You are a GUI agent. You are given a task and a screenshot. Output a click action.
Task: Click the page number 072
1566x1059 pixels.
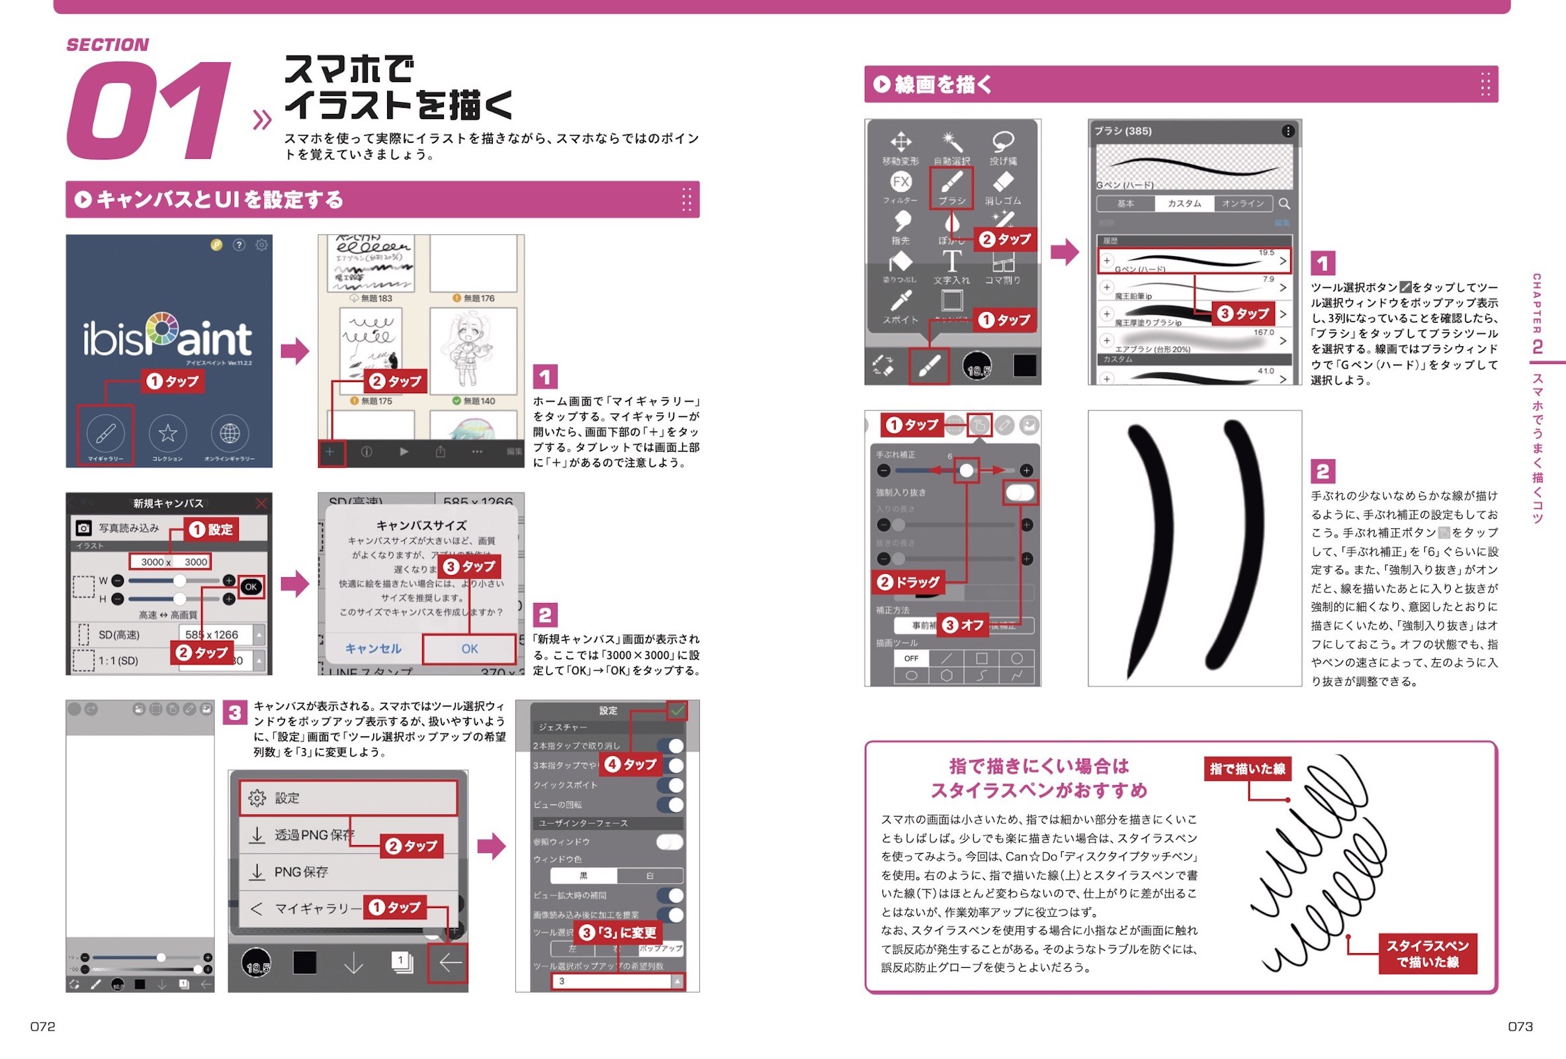click(42, 1026)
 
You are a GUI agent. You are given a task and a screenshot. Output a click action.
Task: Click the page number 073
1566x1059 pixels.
click(1520, 1026)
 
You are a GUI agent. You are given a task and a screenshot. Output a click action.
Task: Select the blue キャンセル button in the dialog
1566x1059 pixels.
click(373, 649)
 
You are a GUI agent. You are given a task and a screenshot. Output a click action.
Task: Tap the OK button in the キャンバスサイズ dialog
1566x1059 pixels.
click(470, 649)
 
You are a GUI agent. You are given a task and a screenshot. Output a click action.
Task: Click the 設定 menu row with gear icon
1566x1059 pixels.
click(348, 798)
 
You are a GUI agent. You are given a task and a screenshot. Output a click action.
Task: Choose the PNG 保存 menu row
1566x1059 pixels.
click(348, 872)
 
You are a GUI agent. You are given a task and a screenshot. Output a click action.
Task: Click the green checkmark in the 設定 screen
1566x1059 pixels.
click(677, 710)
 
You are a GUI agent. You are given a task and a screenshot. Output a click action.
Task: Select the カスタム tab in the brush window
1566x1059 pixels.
click(1184, 204)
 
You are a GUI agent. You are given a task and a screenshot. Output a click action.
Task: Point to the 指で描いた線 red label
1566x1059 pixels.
click(1247, 768)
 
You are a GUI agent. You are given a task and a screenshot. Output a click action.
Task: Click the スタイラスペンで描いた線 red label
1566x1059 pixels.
click(1427, 953)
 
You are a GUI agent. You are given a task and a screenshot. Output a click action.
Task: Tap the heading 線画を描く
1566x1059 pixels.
click(943, 84)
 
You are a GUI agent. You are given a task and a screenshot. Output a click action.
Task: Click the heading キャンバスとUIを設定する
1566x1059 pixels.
click(220, 199)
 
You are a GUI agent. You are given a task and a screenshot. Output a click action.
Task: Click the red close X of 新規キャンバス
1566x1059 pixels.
click(261, 504)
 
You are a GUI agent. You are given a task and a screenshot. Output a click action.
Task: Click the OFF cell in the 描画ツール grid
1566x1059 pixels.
click(911, 658)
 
